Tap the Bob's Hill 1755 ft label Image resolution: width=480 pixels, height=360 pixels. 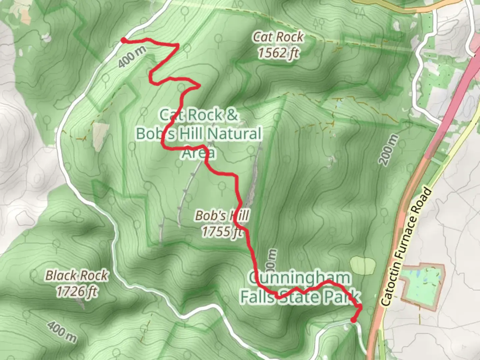(222, 223)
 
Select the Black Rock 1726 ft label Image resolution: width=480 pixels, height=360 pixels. (77, 283)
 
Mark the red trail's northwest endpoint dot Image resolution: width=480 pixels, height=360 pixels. (123, 40)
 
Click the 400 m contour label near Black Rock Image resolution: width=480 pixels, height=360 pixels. (62, 331)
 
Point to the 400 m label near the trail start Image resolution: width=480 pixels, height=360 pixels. (132, 57)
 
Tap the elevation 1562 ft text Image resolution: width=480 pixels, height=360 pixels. (278, 53)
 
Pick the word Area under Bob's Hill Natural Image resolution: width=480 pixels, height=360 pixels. (199, 153)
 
